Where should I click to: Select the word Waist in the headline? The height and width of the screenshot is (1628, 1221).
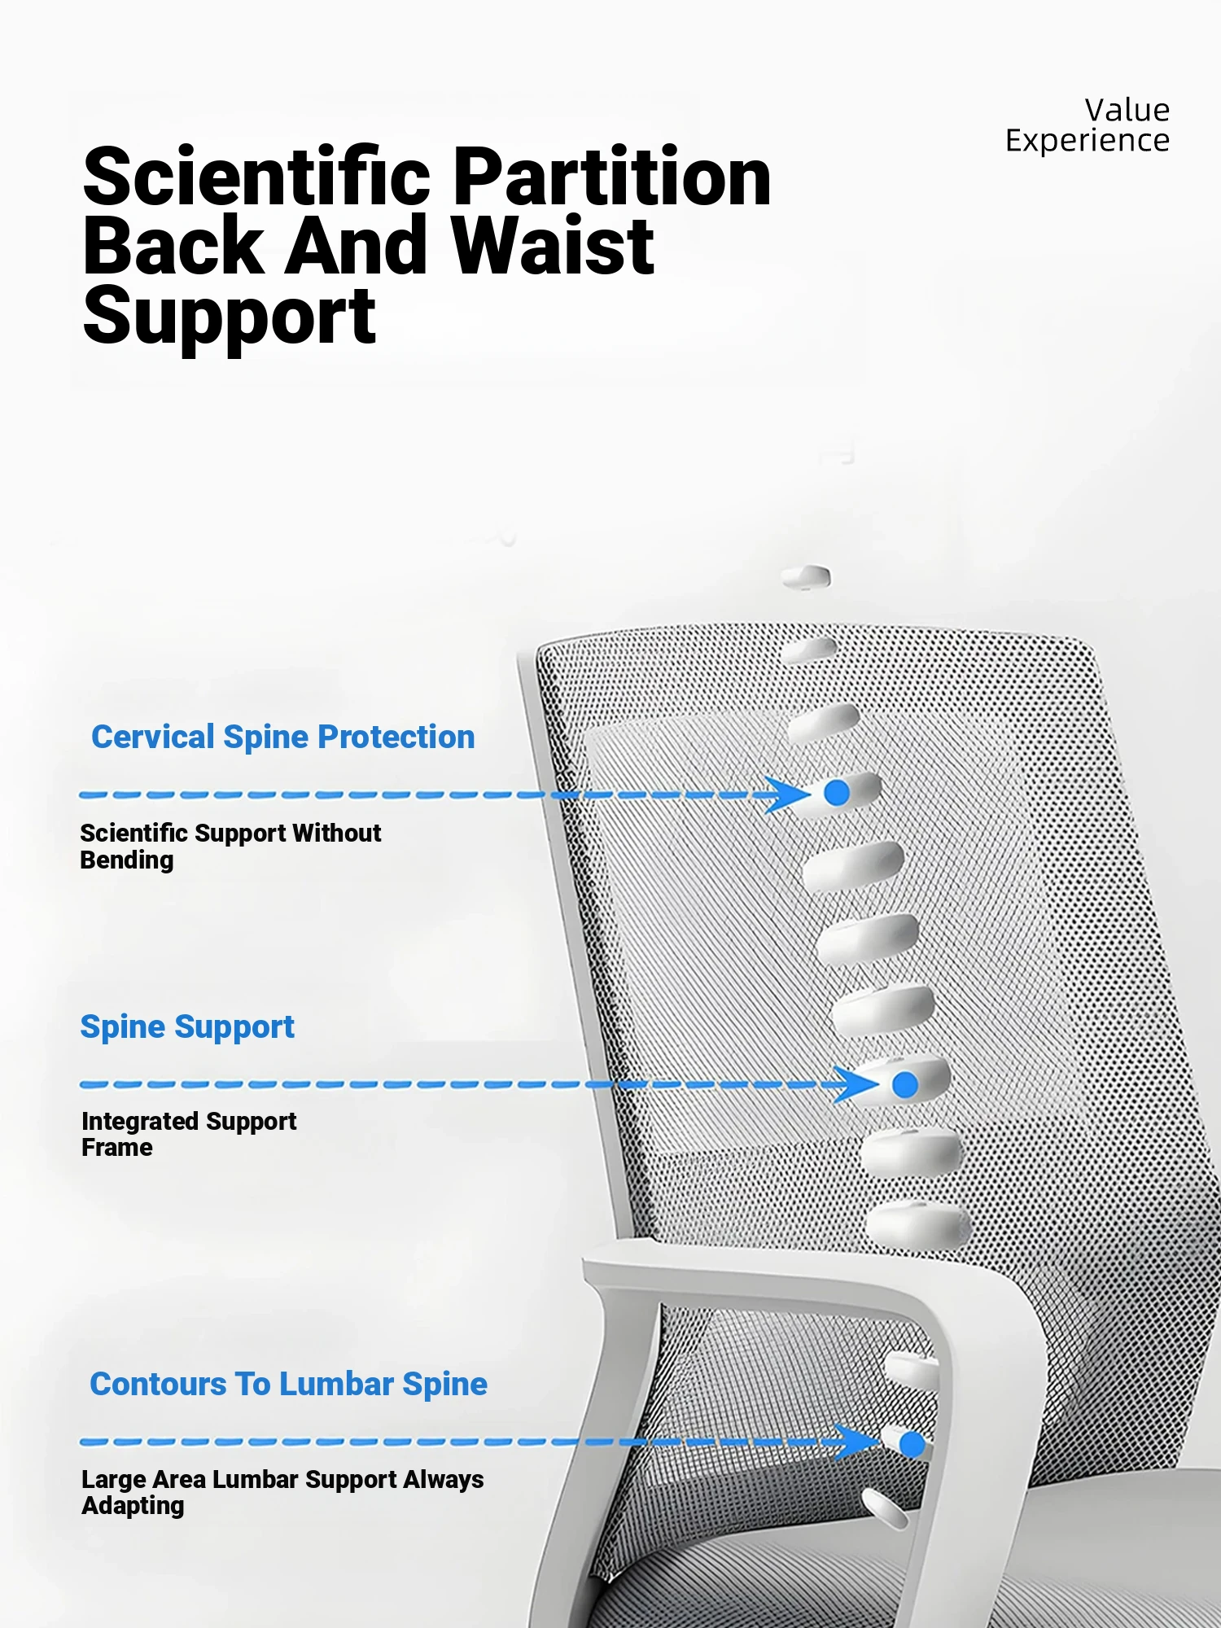coord(553,245)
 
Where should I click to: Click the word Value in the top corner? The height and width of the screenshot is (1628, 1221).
coord(1127,110)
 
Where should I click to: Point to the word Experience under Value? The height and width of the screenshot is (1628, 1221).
coord(1088,141)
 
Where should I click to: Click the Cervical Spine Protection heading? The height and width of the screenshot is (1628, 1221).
coord(283,737)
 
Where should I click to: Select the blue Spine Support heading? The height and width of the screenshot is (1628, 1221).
coord(187,1027)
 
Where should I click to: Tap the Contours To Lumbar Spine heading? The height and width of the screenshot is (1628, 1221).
coord(288,1384)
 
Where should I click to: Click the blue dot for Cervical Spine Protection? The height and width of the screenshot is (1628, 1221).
coord(837,793)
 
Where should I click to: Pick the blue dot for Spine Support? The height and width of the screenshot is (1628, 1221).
coord(905,1084)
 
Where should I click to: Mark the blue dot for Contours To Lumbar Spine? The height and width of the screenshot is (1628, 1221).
coord(912,1445)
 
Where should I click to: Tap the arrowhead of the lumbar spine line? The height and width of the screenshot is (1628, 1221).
coord(857,1442)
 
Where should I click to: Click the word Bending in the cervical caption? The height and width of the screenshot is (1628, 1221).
coord(127,860)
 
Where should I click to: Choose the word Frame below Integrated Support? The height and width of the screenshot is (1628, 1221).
coord(117,1148)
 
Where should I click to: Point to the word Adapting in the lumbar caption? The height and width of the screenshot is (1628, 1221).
coord(133,1506)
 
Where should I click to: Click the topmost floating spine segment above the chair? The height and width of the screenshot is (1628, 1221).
coord(806,577)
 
